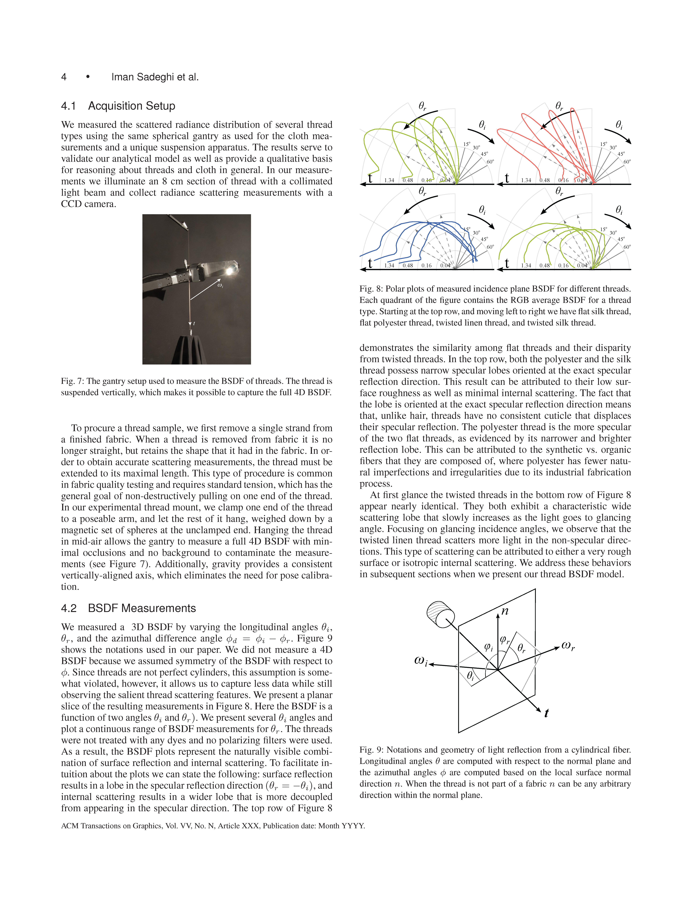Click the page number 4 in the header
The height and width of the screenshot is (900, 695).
pos(64,77)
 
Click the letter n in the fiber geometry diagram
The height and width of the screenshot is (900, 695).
pos(505,611)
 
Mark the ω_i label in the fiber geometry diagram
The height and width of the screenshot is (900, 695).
pos(420,661)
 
